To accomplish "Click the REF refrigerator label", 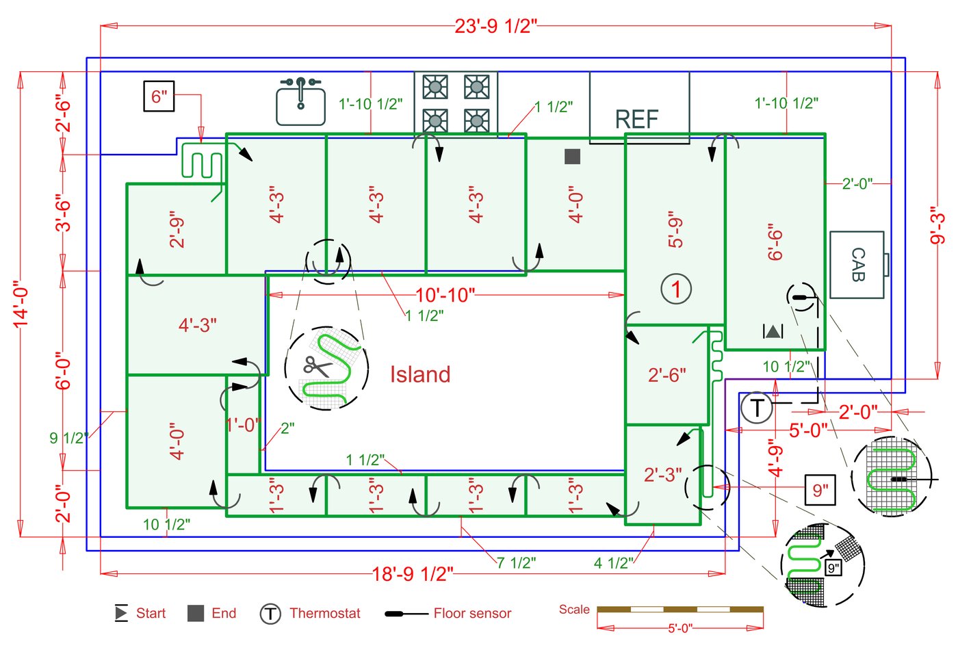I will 636,120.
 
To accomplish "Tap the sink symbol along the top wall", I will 300,102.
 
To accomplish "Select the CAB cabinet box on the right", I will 857,265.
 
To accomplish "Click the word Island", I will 420,374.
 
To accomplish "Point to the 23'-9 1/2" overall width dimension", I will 496,26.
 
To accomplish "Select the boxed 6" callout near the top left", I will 159,96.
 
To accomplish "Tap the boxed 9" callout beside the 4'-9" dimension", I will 820,490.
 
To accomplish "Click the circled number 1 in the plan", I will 676,289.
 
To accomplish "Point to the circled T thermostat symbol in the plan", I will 757,408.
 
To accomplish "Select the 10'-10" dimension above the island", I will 445,295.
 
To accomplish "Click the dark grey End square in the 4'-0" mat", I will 572,157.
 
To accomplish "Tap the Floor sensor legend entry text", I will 472,614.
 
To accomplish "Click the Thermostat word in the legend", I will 324,614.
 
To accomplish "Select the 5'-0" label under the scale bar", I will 679,628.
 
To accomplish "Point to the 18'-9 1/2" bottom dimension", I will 413,573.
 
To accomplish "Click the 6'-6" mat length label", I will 775,242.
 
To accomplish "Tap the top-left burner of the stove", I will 435,87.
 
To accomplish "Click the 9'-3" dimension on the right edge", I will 938,229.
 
